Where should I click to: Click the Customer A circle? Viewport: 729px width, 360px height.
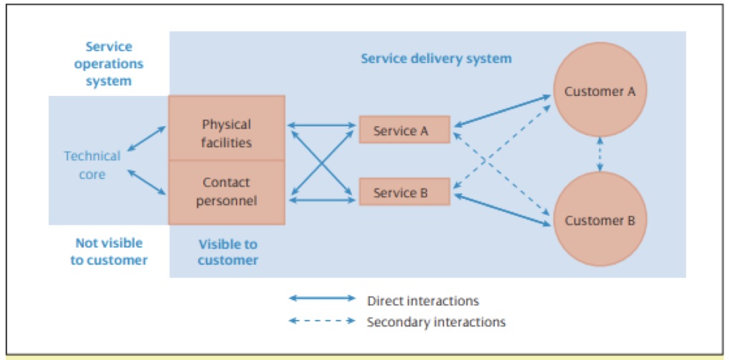(x=600, y=91)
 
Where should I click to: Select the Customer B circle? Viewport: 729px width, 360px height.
(x=600, y=220)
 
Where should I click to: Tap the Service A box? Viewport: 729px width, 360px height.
(x=404, y=130)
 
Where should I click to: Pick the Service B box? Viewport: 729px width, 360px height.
(x=404, y=193)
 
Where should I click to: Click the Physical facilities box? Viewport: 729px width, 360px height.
(x=227, y=133)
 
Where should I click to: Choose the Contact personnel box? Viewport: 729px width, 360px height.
(x=227, y=192)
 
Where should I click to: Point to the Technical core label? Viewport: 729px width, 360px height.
(x=92, y=165)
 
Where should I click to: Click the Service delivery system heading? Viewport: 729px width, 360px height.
(x=436, y=58)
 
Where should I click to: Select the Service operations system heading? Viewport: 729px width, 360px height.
(x=109, y=64)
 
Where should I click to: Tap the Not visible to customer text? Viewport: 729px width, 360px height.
(x=109, y=251)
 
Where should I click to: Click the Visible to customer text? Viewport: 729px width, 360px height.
(x=227, y=252)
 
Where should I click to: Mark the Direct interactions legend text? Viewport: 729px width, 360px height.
(x=422, y=301)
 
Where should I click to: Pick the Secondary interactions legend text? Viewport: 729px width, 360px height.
(x=436, y=322)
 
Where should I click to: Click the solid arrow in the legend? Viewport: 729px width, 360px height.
(x=322, y=298)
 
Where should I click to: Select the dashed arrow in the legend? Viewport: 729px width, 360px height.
(x=322, y=321)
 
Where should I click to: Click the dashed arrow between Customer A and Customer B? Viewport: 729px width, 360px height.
(x=600, y=155)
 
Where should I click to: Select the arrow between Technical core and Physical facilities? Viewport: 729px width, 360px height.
(x=146, y=139)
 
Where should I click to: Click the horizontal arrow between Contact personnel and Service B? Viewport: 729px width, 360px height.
(x=322, y=200)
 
